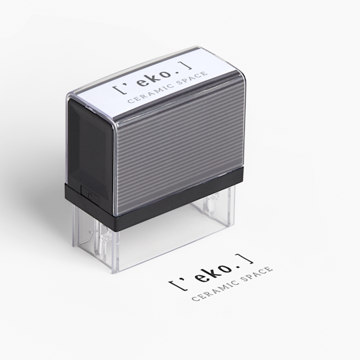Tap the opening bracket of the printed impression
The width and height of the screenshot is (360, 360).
tap(173, 284)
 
